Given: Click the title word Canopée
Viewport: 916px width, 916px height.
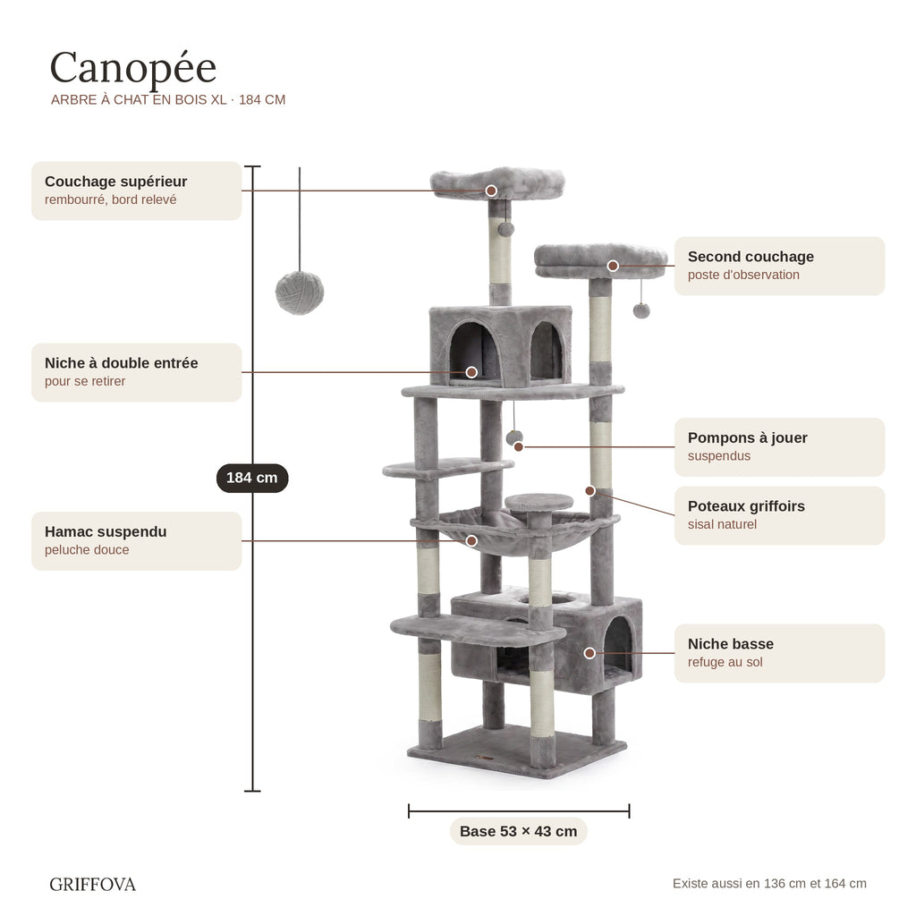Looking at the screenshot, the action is coord(133,69).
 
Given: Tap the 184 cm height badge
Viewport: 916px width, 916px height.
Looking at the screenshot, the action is coord(252,478).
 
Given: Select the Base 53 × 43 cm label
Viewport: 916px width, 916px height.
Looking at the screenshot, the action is coord(518,831).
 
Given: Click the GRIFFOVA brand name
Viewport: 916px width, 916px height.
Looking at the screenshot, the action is coord(92,885).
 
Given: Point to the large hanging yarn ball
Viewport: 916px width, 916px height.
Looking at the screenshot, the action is coord(300,293).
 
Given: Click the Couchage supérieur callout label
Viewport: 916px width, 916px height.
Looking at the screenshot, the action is coord(136,191).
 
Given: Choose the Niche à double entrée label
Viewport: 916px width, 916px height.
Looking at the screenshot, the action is coord(136,372).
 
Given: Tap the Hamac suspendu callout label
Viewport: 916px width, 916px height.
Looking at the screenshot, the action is coord(136,541).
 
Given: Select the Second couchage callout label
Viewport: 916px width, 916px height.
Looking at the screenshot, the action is coord(779,266).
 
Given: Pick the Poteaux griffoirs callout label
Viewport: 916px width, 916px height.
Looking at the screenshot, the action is coord(779,515).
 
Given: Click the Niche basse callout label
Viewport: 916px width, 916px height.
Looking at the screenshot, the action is coord(779,653).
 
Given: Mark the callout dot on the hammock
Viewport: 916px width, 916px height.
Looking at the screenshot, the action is coord(471,541).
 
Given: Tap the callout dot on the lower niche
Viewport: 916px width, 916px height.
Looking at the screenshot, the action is coord(590,653).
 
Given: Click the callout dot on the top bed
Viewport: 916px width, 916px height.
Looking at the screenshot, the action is coord(491,191).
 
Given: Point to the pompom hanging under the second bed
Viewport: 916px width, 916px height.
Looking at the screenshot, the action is coord(641,310).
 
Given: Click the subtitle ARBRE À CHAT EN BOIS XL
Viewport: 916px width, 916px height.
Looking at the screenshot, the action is coord(139,100).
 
